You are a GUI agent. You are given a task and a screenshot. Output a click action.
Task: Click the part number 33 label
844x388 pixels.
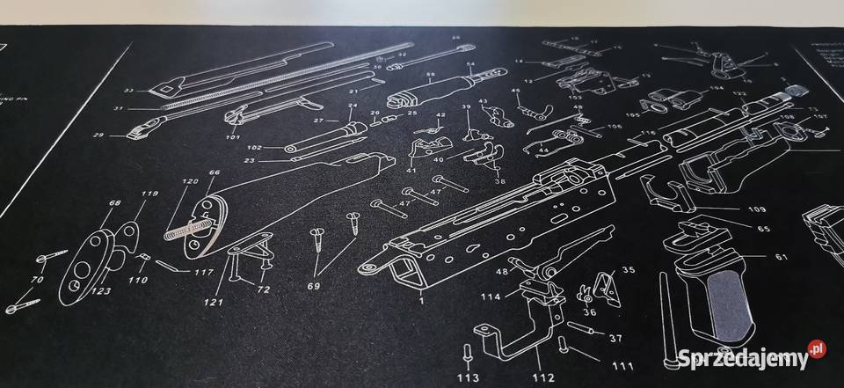click(x=128, y=92)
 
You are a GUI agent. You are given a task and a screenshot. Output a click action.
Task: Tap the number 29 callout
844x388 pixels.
click(x=98, y=135)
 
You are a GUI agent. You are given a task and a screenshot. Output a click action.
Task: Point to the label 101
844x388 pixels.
click(x=233, y=137)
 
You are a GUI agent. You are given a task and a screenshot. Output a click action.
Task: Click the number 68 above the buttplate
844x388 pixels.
click(x=114, y=203)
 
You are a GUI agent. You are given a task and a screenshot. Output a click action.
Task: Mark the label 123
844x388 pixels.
click(x=102, y=290)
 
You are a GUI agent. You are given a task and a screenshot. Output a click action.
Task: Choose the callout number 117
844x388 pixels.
click(x=203, y=272)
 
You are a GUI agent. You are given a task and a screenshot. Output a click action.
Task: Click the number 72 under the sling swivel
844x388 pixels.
click(x=262, y=289)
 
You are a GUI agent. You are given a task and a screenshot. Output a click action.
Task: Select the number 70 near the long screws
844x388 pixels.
click(x=37, y=281)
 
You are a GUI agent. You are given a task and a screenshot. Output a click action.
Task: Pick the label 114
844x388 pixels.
click(x=491, y=296)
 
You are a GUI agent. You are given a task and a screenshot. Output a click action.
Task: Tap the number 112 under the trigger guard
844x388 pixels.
click(x=542, y=379)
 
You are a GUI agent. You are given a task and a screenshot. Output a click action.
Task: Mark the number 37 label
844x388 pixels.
click(x=615, y=338)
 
